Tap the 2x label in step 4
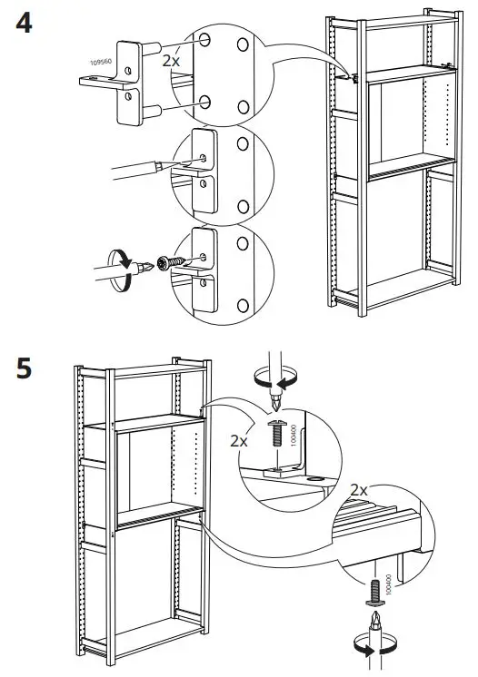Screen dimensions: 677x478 coord(171,61)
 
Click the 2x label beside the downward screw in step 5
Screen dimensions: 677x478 coord(239,441)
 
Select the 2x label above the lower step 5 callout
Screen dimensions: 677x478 coord(359,490)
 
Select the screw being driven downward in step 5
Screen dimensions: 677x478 coord(276,434)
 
